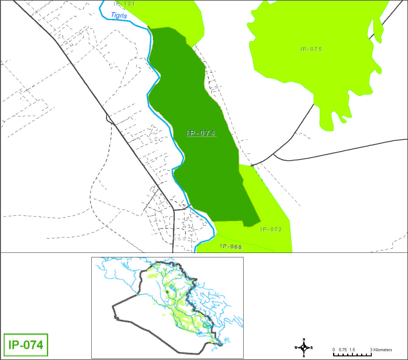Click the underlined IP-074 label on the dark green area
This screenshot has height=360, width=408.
coord(201,133)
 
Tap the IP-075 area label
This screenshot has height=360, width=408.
coord(311,49)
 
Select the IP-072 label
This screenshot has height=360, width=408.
coord(271,229)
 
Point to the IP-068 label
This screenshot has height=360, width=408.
coord(231,246)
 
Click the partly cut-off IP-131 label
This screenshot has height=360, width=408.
coord(124,4)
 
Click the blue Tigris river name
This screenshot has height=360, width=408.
coord(119,15)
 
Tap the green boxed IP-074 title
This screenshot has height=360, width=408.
coord(26,345)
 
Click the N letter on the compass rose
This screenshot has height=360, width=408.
coord(304,340)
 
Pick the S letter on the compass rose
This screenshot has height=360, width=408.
coord(304,356)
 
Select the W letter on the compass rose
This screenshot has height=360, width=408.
coord(296,348)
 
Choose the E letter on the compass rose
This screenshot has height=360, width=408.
coord(312,348)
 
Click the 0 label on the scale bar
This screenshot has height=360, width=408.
coord(334,350)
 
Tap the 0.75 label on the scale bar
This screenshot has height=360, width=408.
coord(343,350)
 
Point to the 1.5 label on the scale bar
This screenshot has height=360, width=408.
coord(352,350)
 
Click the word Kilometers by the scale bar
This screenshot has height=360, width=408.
coord(383,350)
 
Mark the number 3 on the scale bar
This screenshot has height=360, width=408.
coord(371,350)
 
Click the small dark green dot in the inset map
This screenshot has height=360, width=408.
coord(167,292)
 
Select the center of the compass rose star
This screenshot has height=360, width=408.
coord(304,348)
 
